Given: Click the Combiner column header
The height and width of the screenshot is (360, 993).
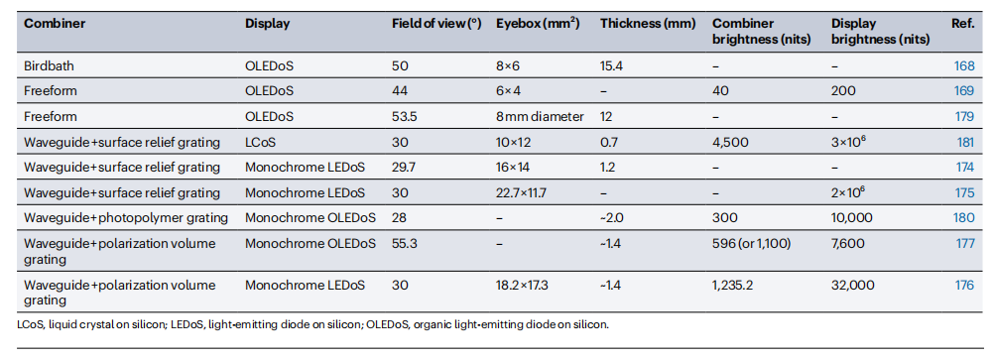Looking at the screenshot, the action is coord(55,24).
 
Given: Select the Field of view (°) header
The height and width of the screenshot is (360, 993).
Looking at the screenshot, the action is coord(436,24).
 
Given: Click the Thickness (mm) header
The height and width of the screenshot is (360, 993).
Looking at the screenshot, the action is coord(647,24).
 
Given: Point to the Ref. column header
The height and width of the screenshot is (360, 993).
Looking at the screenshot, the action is coord(962,24).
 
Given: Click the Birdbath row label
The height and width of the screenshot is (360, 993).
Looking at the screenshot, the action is coord(47,65).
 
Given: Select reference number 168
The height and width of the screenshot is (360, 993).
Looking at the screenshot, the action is coord(964,65).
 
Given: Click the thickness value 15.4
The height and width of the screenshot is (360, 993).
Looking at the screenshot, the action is coord(612,65).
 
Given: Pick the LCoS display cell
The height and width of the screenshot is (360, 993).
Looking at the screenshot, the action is coord(260,143).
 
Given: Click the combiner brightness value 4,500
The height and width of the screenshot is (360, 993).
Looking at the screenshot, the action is coord(731,143).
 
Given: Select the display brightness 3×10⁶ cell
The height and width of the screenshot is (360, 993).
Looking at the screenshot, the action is coord(848,142).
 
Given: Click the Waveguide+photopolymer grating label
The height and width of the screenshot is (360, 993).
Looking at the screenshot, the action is coord(126,218).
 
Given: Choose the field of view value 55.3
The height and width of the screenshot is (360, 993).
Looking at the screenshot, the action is coord(405,244).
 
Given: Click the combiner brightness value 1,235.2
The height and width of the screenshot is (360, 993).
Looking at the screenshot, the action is coord(732,286).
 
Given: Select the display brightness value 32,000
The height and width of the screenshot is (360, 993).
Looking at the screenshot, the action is coord(852,286).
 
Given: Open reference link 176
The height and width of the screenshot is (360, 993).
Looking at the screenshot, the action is coord(964,286).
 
